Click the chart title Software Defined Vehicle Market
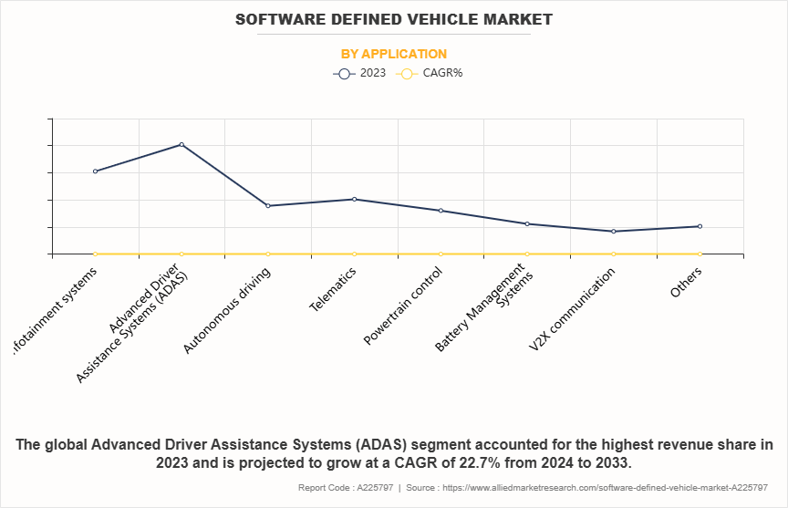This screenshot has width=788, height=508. point(394,19)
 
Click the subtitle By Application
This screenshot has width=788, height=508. point(394,54)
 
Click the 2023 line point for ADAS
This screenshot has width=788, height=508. point(181,144)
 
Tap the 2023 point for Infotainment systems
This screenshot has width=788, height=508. point(95,171)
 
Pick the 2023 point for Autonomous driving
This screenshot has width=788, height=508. point(268,205)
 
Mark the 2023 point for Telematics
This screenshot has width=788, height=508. point(354,199)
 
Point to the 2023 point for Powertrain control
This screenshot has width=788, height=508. point(441,211)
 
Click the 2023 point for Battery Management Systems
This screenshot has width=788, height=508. point(527,223)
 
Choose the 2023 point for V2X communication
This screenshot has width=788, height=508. point(613,231)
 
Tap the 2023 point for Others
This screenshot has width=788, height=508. point(700,226)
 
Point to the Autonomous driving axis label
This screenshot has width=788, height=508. point(227,311)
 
